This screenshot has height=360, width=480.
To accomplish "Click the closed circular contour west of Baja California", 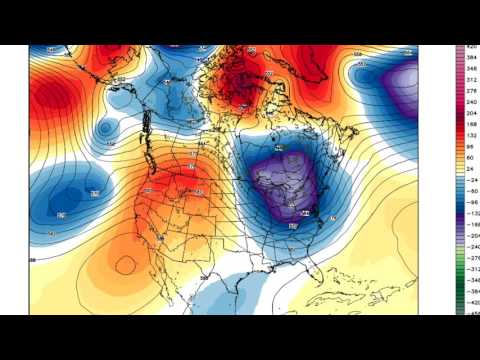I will click(x=126, y=265).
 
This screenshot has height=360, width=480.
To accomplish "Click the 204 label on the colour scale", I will click(x=470, y=115).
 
